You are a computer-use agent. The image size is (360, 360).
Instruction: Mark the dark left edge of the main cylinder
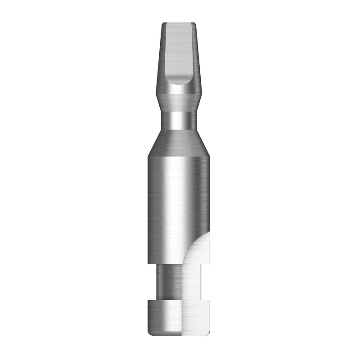pos(150,202)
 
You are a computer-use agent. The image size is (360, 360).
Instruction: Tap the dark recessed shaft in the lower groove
pos(169,281)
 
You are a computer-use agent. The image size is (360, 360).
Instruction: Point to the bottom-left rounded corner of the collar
pos(149,333)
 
